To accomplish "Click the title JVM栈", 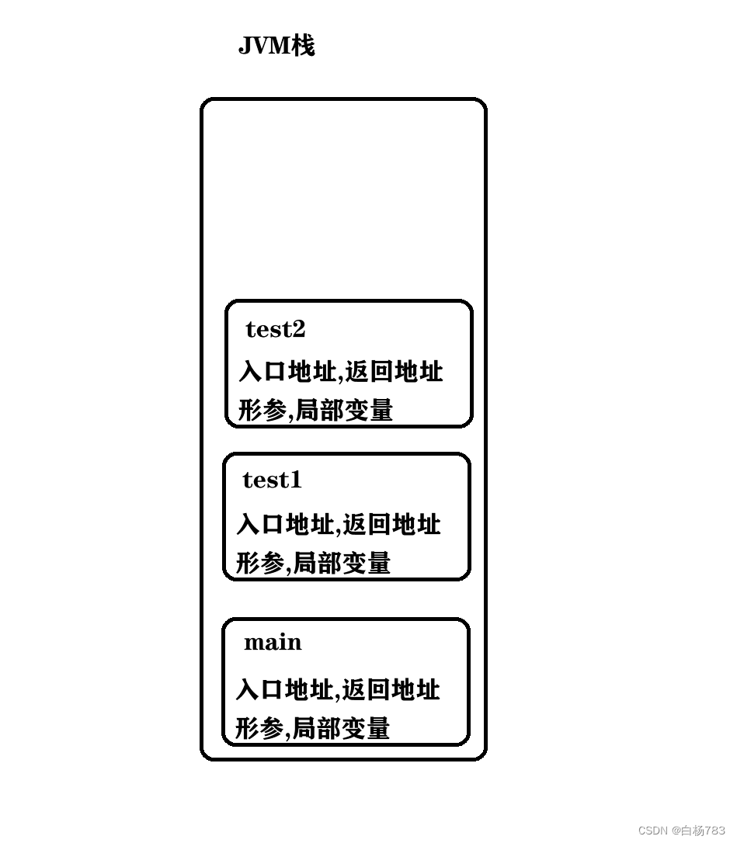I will click(276, 46).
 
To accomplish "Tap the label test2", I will click(275, 329).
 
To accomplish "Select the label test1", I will click(272, 480).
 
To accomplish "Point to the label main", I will click(273, 643).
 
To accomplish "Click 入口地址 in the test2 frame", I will click(287, 372).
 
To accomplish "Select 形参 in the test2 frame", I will click(262, 410).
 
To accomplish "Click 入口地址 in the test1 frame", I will click(284, 525).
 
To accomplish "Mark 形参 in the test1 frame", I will click(259, 563).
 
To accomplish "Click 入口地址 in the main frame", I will click(283, 689).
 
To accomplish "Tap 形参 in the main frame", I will click(259, 728).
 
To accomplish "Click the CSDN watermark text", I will click(681, 831).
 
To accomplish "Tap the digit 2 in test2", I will click(299, 329).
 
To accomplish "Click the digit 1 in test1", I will click(294, 480).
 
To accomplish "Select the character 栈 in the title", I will click(303, 46).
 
